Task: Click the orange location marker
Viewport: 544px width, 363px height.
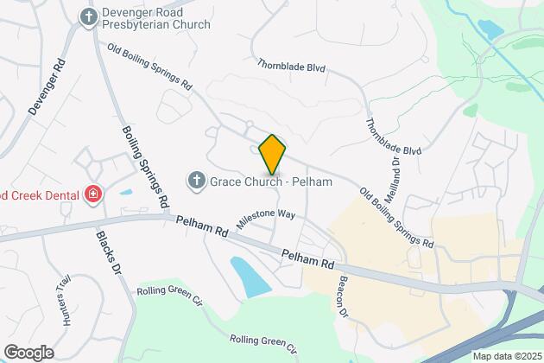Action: (x=272, y=155)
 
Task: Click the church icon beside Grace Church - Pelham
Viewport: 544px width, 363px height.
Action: (x=196, y=181)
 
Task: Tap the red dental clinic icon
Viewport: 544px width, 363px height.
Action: (x=92, y=194)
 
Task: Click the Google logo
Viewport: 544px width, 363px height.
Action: (x=28, y=352)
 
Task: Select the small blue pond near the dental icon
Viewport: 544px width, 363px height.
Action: (x=126, y=192)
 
